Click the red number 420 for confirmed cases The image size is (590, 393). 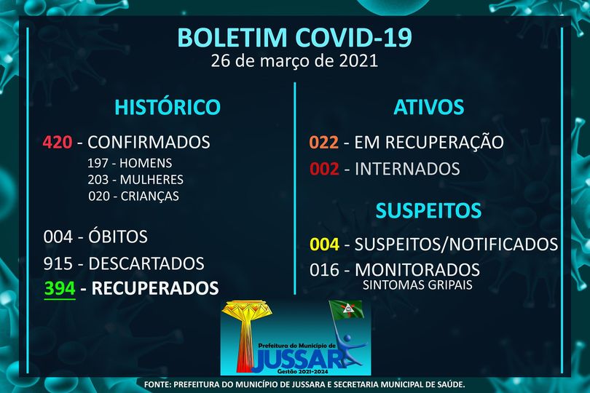(x=58, y=142)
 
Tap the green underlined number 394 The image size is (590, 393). (x=60, y=289)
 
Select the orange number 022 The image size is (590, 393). (x=323, y=143)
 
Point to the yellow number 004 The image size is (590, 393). (x=324, y=244)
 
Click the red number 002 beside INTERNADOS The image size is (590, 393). (x=324, y=169)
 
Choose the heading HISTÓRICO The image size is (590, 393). (x=168, y=106)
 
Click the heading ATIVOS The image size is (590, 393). (x=428, y=107)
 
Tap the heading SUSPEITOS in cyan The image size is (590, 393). (x=428, y=210)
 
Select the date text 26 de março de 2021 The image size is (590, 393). (x=294, y=61)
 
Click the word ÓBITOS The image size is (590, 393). (x=118, y=237)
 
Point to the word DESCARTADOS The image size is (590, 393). (x=146, y=263)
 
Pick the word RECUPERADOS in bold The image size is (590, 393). (x=155, y=288)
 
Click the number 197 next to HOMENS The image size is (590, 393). (x=98, y=163)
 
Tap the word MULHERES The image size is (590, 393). (x=152, y=180)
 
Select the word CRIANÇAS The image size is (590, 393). (x=150, y=196)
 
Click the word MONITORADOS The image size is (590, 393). (x=417, y=270)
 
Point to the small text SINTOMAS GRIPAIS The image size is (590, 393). (x=417, y=285)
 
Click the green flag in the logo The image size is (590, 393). (x=346, y=310)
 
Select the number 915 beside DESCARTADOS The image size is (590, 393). (x=58, y=263)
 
